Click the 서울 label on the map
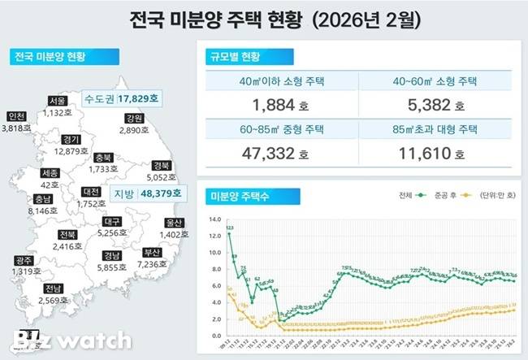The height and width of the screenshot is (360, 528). [57, 101]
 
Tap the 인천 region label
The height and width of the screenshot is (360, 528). [15, 116]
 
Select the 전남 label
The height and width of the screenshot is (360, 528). [54, 288]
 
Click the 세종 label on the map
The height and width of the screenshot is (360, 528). [49, 173]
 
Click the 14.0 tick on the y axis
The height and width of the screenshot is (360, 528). [214, 219]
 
